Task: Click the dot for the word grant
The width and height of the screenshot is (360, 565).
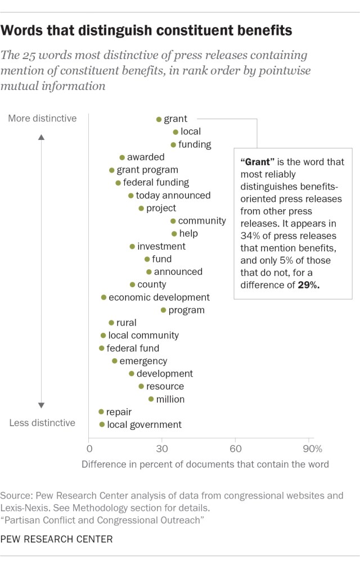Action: point(159,119)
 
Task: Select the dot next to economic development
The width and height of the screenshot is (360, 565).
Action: point(103,297)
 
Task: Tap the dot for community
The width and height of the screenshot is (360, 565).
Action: point(173,221)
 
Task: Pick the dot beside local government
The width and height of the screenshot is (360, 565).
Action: point(102,425)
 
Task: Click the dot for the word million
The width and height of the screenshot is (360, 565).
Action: point(151,399)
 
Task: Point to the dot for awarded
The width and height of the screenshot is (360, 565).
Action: point(121,157)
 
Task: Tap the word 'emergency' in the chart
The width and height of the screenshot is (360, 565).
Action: point(143,361)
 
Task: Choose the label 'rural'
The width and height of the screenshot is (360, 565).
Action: point(126,323)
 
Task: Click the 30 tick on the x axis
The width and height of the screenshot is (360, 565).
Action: point(162,449)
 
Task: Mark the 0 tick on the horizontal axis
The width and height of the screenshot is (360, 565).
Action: point(89,449)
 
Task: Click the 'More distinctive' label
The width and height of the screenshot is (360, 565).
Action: point(42,119)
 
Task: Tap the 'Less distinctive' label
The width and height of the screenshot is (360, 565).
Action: point(42,423)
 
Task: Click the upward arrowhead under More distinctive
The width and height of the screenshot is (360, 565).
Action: point(42,135)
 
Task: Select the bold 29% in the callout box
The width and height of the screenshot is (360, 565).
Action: point(309,285)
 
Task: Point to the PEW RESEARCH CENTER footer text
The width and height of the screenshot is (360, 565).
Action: point(56,539)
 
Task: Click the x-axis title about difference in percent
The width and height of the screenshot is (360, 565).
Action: point(205,465)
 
